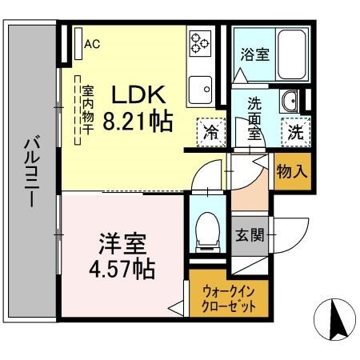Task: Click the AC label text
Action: [x=92, y=44]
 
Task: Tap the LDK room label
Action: [x=138, y=94]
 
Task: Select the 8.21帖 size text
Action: [x=138, y=122]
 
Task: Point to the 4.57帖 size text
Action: [x=122, y=269]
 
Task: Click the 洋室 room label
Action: [x=122, y=243]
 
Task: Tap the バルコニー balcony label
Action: [x=32, y=170]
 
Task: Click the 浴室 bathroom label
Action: [x=255, y=54]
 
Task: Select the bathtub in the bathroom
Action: [x=291, y=54]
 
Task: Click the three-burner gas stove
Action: [x=200, y=43]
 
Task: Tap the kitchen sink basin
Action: [x=200, y=90]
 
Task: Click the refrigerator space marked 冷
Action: [x=211, y=132]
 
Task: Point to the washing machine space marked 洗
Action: [x=296, y=132]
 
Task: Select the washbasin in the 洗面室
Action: [x=289, y=102]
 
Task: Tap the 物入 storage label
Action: [x=292, y=171]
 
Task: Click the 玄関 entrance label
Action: [x=250, y=235]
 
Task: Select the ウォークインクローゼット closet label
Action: [x=229, y=299]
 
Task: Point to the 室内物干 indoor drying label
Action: [x=87, y=110]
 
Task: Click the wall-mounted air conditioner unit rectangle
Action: [x=78, y=43]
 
